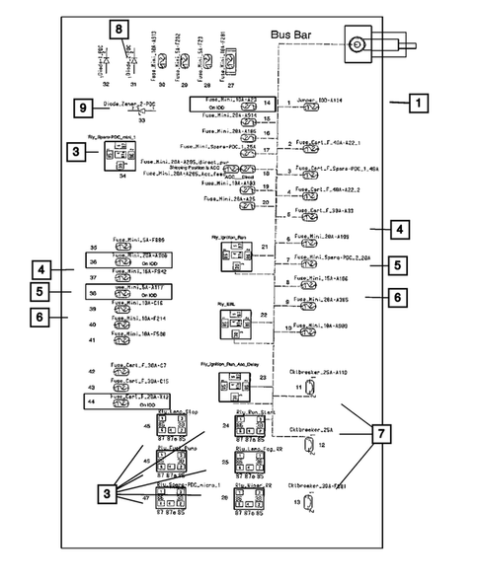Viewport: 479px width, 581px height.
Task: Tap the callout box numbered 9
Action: tap(84, 108)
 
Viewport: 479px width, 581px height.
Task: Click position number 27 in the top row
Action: tap(231, 87)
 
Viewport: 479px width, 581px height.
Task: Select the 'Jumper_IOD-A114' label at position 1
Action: tap(319, 102)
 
